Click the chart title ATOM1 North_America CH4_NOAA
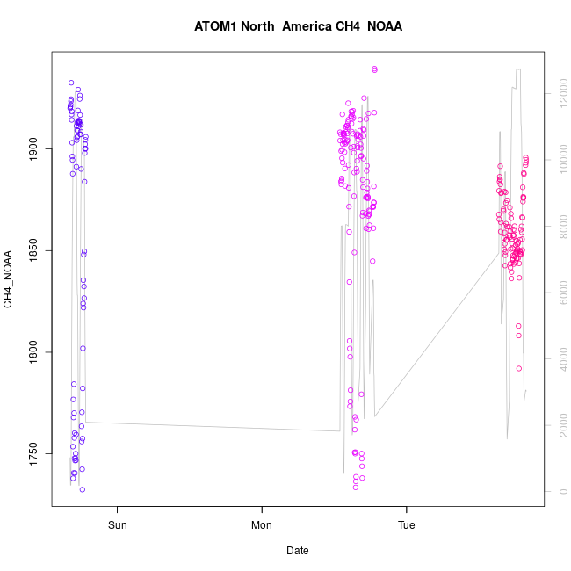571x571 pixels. click(x=298, y=26)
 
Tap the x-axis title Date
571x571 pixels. click(x=298, y=551)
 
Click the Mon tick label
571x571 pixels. click(x=262, y=525)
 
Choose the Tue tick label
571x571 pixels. click(x=407, y=525)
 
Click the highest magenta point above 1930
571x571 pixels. click(x=374, y=69)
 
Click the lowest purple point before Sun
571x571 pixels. click(x=82, y=489)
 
